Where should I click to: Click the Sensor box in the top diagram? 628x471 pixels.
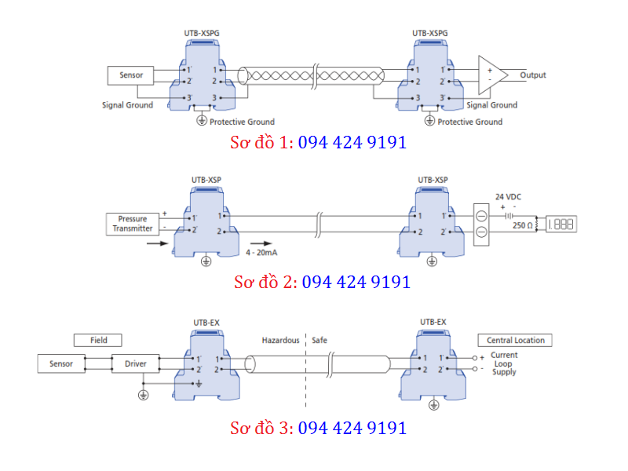coord(131,75)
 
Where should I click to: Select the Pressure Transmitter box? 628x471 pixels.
coord(132,223)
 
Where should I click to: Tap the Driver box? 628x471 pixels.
coord(135,364)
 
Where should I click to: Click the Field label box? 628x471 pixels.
coord(99,341)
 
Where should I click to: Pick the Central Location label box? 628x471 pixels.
coord(514,341)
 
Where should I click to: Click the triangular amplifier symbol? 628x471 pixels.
coord(492,75)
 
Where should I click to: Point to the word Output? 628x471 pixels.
coord(533,75)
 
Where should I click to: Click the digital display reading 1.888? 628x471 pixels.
coord(560,225)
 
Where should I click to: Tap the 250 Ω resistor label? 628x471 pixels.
coord(523,225)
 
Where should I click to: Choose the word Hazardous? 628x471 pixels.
coord(280,341)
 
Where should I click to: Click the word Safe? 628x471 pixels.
coord(319,341)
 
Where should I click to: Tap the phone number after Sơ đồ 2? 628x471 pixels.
coord(356,281)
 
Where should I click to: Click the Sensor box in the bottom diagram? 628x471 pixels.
coord(60,364)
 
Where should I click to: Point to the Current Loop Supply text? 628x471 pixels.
coord(504,363)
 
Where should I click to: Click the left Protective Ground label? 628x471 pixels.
coord(242,122)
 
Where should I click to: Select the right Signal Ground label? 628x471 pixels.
coord(491,105)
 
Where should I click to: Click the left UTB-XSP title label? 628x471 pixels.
coord(206,180)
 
